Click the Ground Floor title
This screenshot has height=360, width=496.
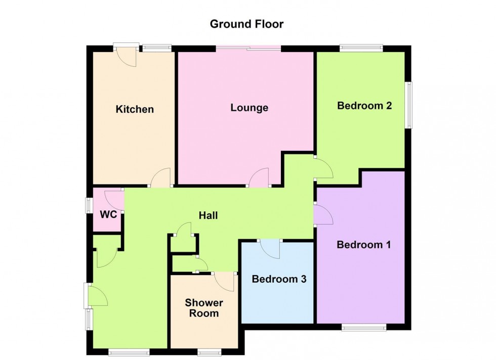point(247,24)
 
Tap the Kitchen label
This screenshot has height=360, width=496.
point(135,109)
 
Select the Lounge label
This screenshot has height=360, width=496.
point(249,108)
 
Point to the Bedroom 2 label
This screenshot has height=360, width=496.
point(364,105)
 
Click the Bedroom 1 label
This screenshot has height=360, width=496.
point(364,244)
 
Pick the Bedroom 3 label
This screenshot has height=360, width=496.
point(279,279)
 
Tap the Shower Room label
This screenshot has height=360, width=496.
point(204,308)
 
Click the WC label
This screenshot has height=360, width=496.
point(108,214)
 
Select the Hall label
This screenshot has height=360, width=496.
point(208,215)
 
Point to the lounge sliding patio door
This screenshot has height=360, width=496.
point(249,48)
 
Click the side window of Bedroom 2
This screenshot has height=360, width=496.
point(409,105)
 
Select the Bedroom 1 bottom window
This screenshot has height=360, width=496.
point(364,327)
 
